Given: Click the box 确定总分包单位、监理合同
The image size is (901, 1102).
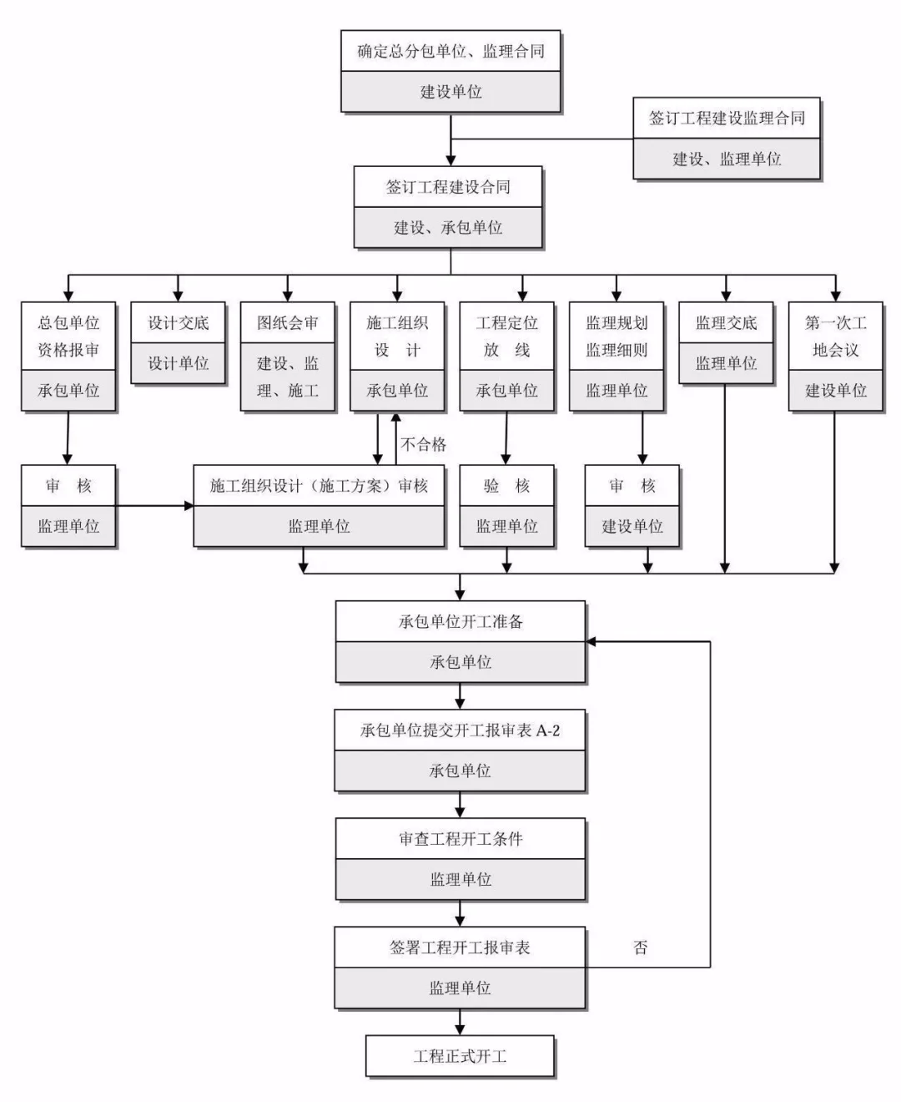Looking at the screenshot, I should tap(450, 52).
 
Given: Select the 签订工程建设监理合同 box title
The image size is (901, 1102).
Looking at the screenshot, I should tap(727, 119).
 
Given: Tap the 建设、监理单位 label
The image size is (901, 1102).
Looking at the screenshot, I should tap(727, 159).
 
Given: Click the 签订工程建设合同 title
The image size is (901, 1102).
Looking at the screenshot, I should tap(448, 187).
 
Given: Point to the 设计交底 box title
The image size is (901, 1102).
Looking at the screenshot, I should tap(178, 323).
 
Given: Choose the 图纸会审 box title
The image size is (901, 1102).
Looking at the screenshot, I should tap(287, 323).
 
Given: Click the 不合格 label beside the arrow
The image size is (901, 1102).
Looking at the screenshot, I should tap(424, 444).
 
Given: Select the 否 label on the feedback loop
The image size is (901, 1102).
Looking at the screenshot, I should tap(640, 948).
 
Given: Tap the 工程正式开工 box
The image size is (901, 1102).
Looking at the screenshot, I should tap(460, 1056).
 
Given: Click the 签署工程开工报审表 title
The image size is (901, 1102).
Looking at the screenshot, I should tap(460, 948).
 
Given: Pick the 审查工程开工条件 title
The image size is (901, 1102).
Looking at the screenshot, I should tap(460, 839).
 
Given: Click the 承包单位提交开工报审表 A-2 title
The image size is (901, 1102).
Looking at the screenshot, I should tap(460, 730).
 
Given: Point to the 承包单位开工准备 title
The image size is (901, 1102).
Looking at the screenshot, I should tap(460, 622).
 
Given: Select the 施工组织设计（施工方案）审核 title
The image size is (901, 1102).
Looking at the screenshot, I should tap(319, 486).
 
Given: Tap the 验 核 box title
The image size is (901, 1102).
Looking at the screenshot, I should tap(506, 486).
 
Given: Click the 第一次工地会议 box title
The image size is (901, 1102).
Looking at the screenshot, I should tap(835, 336).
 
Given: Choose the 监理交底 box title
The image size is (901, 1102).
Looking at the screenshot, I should tap(726, 323).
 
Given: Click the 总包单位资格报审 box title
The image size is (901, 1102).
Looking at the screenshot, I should tap(68, 336).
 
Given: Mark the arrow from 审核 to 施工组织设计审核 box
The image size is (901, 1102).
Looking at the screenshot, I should tap(154, 506).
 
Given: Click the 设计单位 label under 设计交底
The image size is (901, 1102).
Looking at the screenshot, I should tap(178, 363).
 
